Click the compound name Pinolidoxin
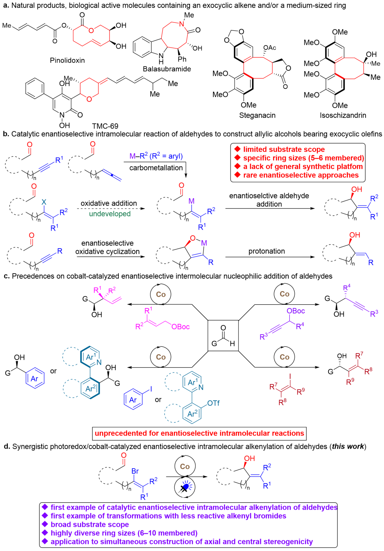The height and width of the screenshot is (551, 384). click(x=67, y=60)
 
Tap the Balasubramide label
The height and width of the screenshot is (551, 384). click(x=167, y=69)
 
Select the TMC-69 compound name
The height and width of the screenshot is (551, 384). click(x=105, y=126)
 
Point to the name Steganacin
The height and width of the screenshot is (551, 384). click(x=257, y=116)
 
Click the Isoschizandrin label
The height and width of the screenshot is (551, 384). click(x=343, y=116)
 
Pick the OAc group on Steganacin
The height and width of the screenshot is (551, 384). click(x=270, y=48)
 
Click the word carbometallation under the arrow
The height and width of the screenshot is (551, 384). click(x=156, y=168)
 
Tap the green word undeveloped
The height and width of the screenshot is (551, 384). click(x=110, y=214)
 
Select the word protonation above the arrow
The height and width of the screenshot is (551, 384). click(x=267, y=251)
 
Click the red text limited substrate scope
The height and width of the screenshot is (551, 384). click(x=284, y=149)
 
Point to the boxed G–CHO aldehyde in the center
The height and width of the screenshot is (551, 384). click(x=223, y=336)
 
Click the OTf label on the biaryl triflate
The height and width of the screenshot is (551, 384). click(x=213, y=403)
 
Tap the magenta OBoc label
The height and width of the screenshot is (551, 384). click(x=181, y=327)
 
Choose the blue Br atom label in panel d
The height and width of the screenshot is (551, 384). click(x=135, y=471)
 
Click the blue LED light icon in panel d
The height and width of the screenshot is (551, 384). click(x=185, y=487)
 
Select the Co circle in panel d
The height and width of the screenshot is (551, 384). click(x=185, y=466)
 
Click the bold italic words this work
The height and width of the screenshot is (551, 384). click(x=348, y=445)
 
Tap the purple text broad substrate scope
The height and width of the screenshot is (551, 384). click(x=90, y=524)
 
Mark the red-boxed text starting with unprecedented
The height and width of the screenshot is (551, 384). click(x=199, y=433)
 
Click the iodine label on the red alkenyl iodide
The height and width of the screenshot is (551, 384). click(x=290, y=376)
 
